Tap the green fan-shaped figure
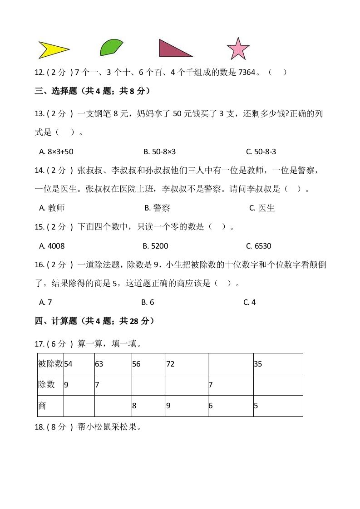point(110,48)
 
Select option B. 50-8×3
point(159,152)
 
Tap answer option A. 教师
point(52,208)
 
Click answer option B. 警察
point(157,208)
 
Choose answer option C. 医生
point(262,208)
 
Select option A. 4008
point(52,246)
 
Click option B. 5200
point(155,246)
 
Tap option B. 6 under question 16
point(148,302)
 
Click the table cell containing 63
point(113,364)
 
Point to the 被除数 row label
point(51,364)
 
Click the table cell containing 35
point(277,364)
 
